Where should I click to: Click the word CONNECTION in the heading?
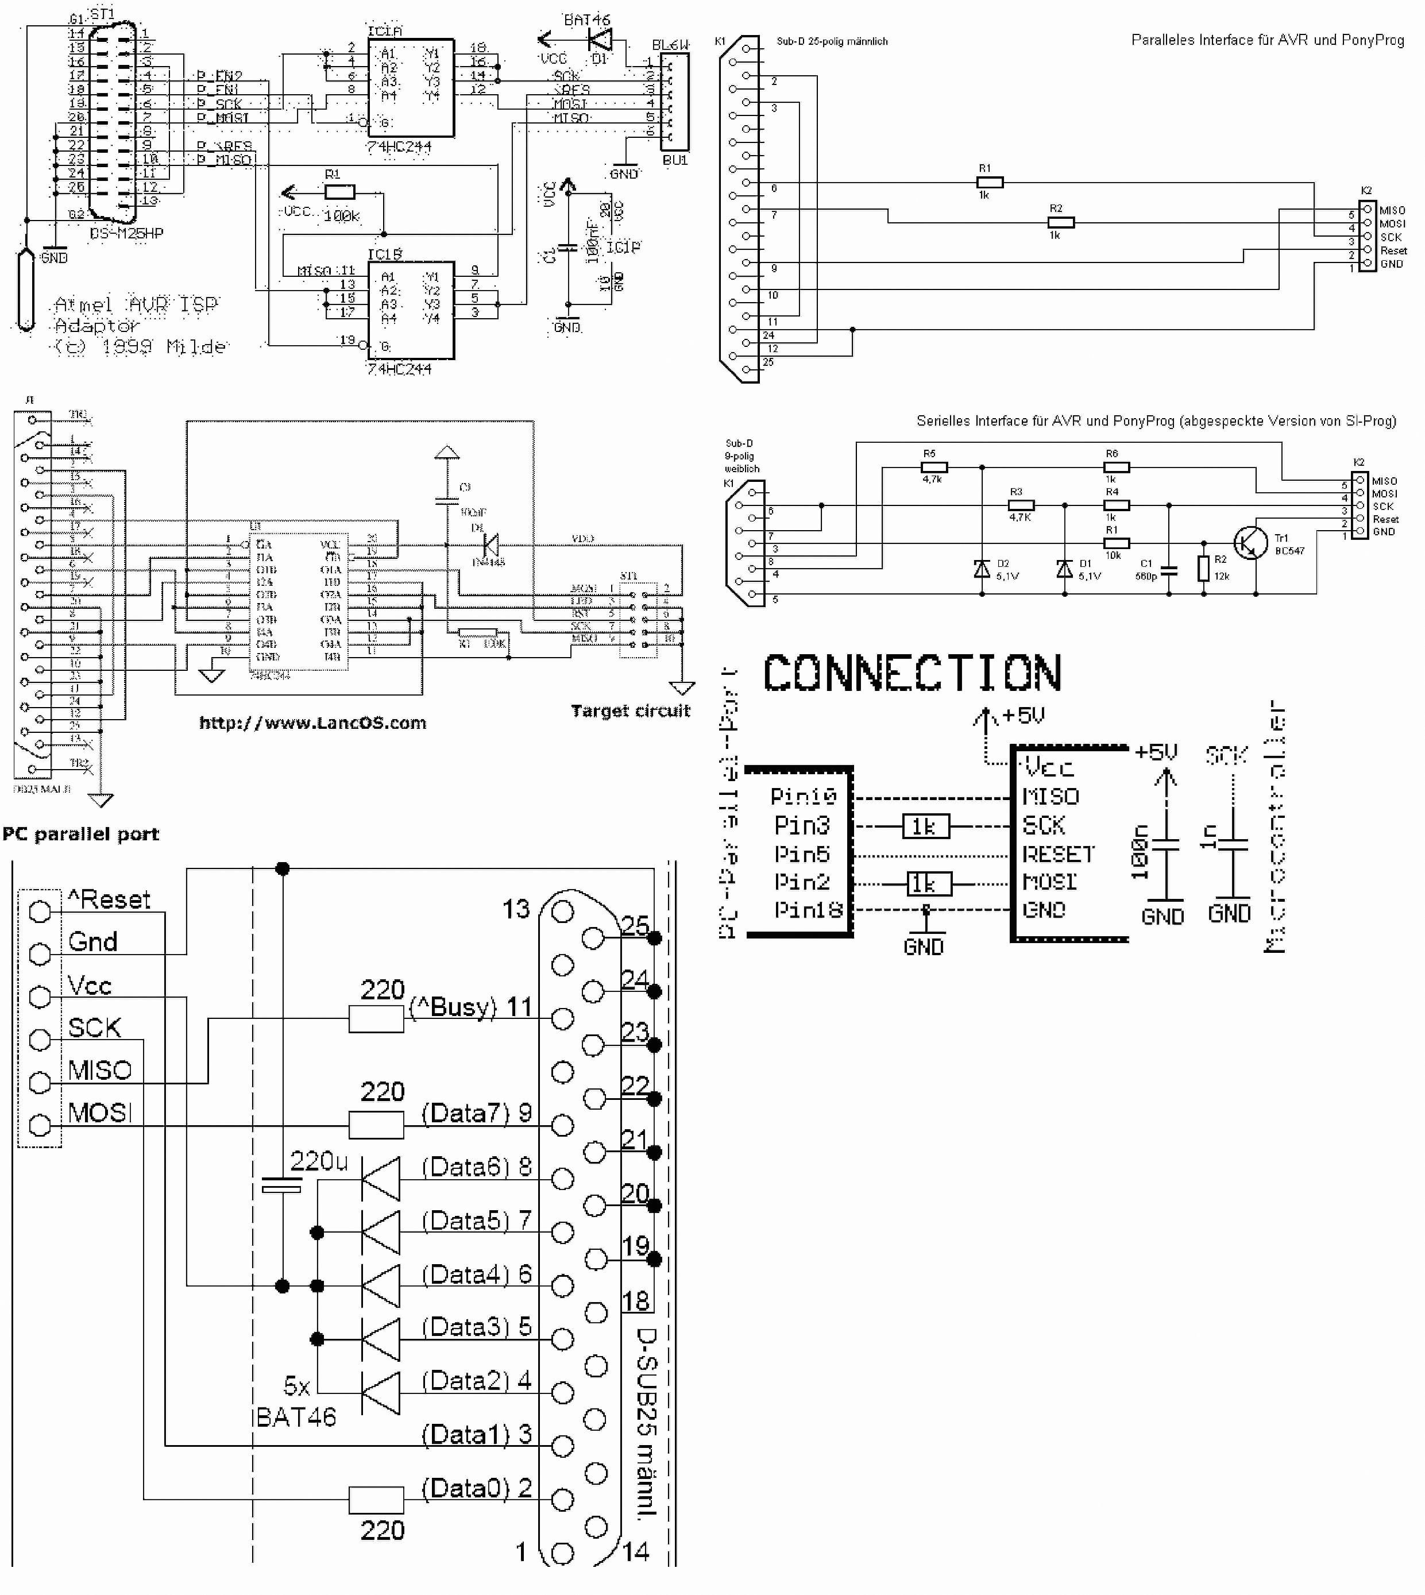point(912,673)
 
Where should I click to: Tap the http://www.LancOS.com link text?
point(312,723)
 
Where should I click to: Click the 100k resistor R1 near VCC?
point(340,192)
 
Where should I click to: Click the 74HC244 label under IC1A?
point(399,146)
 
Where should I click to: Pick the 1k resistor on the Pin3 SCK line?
point(925,826)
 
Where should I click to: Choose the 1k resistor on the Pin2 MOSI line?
point(929,883)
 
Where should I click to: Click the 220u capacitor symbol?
point(282,1185)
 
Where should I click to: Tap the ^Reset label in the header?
point(109,899)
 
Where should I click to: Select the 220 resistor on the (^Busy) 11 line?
point(377,1019)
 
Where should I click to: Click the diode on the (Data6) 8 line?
point(381,1179)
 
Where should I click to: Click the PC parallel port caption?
point(80,834)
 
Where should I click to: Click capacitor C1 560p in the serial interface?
point(1169,569)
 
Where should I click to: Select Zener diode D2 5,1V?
point(982,569)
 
